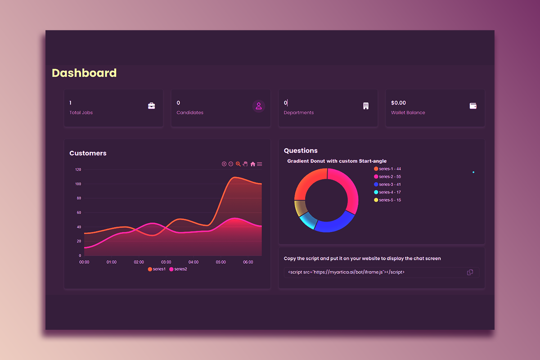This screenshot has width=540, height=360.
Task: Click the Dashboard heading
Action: (x=84, y=73)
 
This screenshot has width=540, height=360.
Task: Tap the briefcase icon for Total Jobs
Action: (x=152, y=106)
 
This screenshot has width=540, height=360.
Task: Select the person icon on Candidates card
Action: (x=259, y=106)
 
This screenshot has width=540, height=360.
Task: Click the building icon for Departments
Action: (x=366, y=106)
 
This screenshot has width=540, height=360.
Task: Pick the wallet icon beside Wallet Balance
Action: (x=473, y=106)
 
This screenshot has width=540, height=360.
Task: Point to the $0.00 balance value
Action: (x=398, y=103)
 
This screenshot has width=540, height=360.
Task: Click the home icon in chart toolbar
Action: (x=252, y=164)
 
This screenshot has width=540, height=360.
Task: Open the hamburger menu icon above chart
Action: (x=260, y=164)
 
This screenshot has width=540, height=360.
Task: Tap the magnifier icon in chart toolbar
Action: (x=238, y=164)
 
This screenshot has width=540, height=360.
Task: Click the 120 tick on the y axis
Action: (x=78, y=170)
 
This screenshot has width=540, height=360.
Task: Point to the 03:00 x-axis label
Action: (x=166, y=262)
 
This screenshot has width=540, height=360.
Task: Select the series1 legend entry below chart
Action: (x=157, y=269)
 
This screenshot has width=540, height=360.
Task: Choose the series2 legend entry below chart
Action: (x=178, y=269)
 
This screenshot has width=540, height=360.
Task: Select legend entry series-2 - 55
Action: (x=387, y=176)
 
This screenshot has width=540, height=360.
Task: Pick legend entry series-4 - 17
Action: (x=387, y=192)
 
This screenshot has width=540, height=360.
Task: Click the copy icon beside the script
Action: (x=470, y=272)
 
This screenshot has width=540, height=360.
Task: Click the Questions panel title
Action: (x=301, y=151)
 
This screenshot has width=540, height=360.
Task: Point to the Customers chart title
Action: (x=88, y=153)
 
